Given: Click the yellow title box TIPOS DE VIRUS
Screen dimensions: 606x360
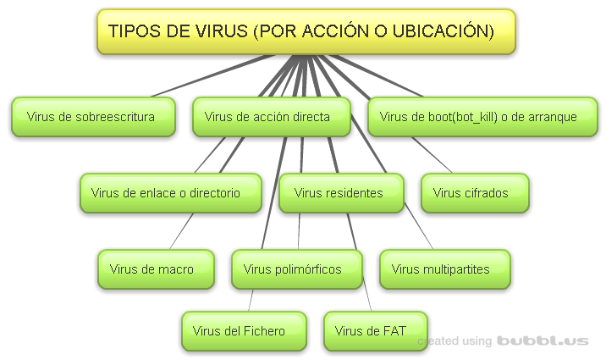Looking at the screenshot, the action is [x=306, y=32].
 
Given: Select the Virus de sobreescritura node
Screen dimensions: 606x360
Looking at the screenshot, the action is [x=93, y=117].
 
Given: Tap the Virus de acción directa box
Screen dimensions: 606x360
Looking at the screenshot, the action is [x=271, y=117].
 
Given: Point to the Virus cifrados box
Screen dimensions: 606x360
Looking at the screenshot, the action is [x=475, y=193].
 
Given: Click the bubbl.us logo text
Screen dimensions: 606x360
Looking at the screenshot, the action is [x=543, y=341].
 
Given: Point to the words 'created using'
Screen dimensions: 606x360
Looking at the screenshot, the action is [x=455, y=341].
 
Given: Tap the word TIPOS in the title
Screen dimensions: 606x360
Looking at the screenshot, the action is [x=132, y=32].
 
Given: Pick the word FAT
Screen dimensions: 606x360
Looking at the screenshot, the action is [x=394, y=331].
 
